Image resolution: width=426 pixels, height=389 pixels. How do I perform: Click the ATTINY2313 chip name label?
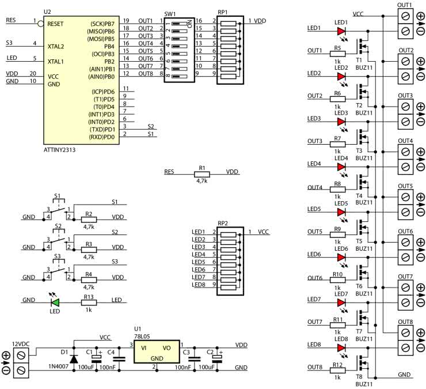(x=59, y=150)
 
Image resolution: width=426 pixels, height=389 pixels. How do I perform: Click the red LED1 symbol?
(x=342, y=29)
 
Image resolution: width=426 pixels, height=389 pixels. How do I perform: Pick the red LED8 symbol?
(x=342, y=346)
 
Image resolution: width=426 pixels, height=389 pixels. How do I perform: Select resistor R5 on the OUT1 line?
(x=337, y=54)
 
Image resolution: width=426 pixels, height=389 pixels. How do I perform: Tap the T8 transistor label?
(x=359, y=375)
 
